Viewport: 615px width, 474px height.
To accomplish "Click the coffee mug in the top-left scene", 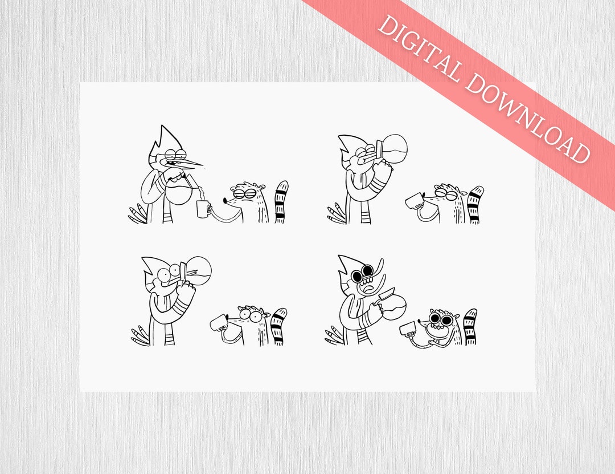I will click(203, 209).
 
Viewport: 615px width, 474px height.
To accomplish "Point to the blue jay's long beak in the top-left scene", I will click(188, 163).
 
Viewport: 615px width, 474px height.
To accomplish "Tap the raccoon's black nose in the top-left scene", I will click(225, 201).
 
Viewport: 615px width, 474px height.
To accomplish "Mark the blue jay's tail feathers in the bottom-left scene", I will click(140, 335).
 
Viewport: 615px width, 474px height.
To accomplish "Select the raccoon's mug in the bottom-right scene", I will click(408, 329).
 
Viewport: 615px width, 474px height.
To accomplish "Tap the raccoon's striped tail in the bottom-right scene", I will click(470, 326).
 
